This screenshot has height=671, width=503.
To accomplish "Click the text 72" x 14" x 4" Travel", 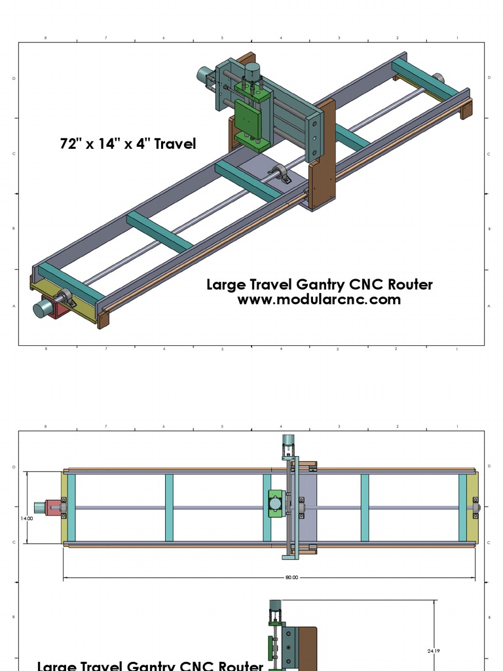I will pos(128,144).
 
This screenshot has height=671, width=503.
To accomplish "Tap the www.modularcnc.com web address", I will pos(319,299).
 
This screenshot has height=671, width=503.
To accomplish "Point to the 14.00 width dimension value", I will pos(27,518).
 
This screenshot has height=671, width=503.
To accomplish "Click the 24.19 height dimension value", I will pos(433,651).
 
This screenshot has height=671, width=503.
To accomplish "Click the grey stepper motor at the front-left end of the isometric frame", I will pos(43,309).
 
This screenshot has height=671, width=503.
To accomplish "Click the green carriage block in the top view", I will pos(275,505).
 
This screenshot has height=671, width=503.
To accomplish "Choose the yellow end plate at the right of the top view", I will pos(472,508).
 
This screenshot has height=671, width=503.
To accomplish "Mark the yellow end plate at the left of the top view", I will pos(64,508).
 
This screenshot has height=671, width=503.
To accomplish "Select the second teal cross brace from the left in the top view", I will pos(169,508).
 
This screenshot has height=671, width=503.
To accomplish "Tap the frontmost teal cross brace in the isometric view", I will pos(68,283).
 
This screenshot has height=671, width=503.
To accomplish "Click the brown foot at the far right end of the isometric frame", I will pos(466,109).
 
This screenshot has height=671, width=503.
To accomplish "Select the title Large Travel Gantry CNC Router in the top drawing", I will pos(319,284).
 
